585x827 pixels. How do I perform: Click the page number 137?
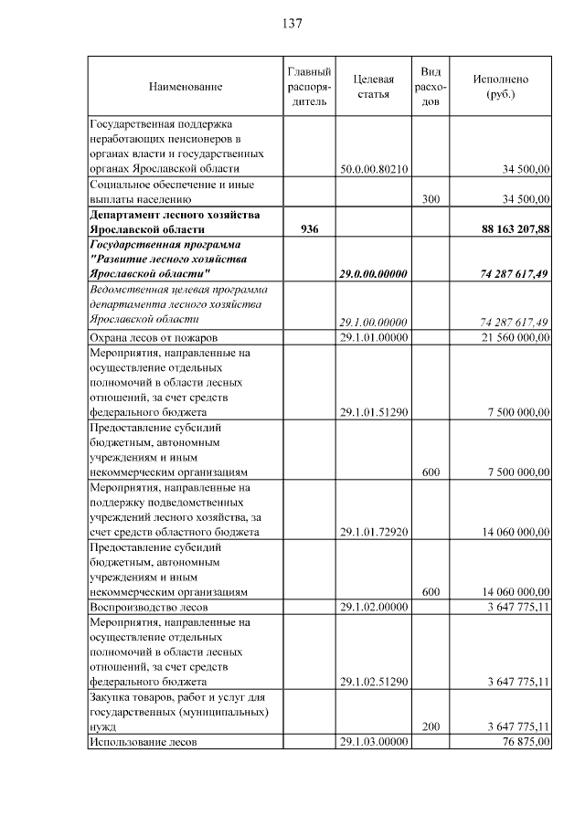[292, 23]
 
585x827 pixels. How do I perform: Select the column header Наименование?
[186, 86]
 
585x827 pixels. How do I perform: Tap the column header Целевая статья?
[373, 86]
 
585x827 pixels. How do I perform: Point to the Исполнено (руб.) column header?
[500, 86]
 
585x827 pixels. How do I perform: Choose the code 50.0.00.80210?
[373, 169]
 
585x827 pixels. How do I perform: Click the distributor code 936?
[309, 228]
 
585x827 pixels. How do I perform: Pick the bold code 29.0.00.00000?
[373, 274]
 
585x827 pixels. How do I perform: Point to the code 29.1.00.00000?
[373, 322]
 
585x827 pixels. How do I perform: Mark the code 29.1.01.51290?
[373, 412]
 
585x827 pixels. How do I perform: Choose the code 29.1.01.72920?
[373, 532]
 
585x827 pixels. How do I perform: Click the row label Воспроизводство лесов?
[148, 607]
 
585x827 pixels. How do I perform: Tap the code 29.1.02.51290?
[373, 681]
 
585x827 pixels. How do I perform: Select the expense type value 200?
[431, 726]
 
